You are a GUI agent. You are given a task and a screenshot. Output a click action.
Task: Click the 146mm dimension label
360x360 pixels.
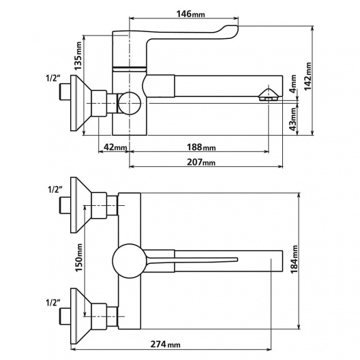tap(190, 14)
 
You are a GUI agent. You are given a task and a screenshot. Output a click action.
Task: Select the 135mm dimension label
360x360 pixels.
tap(78, 56)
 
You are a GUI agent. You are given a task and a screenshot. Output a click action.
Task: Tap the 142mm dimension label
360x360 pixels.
tap(307, 76)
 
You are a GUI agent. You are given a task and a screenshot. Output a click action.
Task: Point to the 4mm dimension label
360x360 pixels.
tap(293, 84)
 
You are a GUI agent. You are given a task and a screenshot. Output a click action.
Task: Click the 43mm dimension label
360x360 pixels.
tap(293, 119)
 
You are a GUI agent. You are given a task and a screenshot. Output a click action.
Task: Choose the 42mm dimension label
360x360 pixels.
tap(115, 147)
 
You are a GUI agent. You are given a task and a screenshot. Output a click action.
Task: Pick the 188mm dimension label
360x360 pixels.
tap(201, 147)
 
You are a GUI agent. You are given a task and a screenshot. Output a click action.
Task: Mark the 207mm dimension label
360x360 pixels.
tap(201, 162)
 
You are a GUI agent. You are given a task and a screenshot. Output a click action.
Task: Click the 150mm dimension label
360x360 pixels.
tap(79, 257)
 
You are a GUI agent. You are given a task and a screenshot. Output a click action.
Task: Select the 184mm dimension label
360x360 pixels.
tap(294, 260)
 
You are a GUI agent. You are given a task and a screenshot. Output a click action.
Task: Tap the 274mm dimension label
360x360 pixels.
tap(165, 344)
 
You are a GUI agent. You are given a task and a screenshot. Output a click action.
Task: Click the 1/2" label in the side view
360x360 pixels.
tap(53, 78)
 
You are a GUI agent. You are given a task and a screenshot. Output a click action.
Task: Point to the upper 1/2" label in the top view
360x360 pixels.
tap(55, 190)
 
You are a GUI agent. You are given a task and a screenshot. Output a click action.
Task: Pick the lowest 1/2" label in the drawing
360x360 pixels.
tap(53, 303)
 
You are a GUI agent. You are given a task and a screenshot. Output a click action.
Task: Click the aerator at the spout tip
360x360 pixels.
tap(268, 95)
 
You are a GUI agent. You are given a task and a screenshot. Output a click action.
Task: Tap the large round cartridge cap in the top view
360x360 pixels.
tap(129, 261)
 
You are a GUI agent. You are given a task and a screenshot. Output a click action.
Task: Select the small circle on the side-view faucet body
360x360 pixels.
tap(130, 104)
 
